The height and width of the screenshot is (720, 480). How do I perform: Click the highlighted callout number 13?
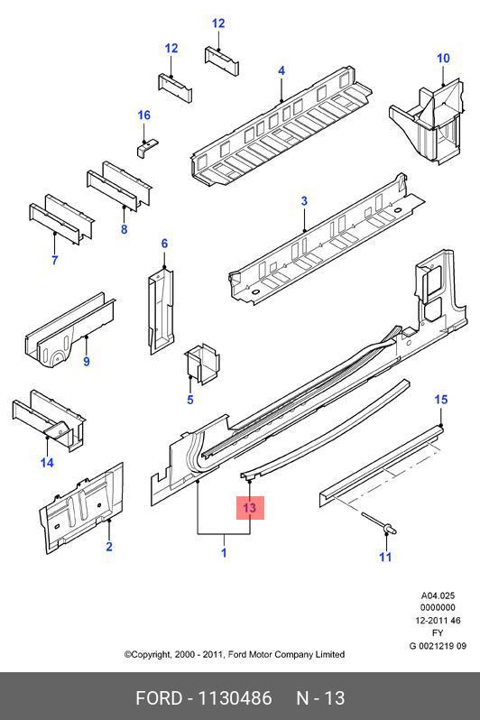249,508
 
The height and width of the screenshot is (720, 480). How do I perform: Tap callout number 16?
144,115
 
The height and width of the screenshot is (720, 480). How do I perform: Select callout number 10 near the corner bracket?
443,59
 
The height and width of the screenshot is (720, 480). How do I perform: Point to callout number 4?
282,70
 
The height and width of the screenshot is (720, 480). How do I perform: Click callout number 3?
304,200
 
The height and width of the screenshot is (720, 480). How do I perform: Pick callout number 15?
440,400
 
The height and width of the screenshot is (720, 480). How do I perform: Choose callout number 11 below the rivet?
385,557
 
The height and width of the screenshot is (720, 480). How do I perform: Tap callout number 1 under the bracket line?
224,552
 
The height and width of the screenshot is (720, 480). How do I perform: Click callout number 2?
109,547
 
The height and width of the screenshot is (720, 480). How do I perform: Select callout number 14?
47,462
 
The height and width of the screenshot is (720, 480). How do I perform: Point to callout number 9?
87,362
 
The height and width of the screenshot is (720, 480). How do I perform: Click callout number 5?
190,400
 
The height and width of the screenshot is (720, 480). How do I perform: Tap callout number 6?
164,244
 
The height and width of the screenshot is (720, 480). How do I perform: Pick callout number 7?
55,260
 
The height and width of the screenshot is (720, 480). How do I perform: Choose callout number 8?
124,228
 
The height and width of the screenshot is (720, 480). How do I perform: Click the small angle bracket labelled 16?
146,147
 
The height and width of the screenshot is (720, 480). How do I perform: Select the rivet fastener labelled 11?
379,523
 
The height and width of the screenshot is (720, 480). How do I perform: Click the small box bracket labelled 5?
202,363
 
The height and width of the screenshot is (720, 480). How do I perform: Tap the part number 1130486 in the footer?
235,698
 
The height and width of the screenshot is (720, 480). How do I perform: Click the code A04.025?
438,595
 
